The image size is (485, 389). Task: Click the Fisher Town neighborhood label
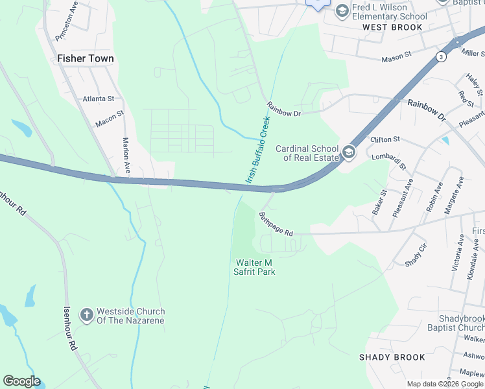(86, 58)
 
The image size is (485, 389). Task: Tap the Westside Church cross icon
(86, 316)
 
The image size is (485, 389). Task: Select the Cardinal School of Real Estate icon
(349, 152)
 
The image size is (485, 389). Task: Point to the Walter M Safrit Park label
(255, 266)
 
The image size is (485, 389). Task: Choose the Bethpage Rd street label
(276, 224)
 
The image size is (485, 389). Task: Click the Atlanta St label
(98, 99)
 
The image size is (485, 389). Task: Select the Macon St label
(109, 118)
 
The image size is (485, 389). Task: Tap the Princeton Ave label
(67, 25)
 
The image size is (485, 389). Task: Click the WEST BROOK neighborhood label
(392, 27)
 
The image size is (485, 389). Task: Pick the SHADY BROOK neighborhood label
(392, 357)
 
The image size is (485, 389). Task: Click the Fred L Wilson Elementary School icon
(341, 11)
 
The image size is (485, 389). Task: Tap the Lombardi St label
(388, 161)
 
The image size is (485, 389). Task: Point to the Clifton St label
(385, 139)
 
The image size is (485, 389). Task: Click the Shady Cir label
(416, 255)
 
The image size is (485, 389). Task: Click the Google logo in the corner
(21, 381)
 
